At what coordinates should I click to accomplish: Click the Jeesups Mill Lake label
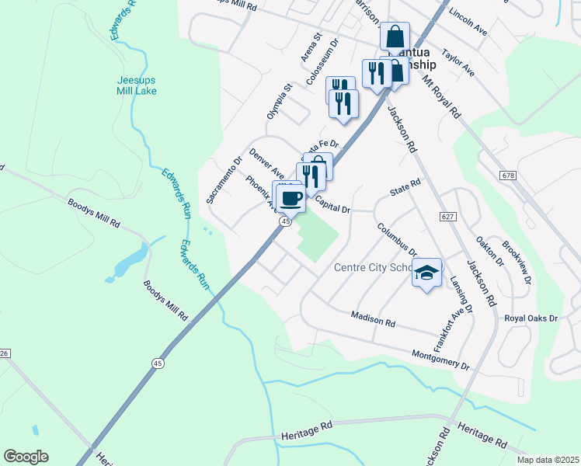click(x=137, y=85)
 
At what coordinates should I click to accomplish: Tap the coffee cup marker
click(x=291, y=198)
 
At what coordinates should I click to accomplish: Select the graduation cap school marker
click(x=426, y=273)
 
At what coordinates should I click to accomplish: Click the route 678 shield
click(x=509, y=176)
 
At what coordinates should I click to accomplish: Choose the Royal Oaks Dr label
click(x=531, y=318)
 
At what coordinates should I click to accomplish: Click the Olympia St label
click(x=278, y=102)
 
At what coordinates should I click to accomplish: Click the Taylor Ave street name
click(x=457, y=63)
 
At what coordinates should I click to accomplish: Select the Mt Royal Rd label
click(x=441, y=96)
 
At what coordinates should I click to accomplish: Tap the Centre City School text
click(x=372, y=268)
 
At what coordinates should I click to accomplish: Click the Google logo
click(x=26, y=457)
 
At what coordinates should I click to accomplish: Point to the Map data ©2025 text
click(x=548, y=460)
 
